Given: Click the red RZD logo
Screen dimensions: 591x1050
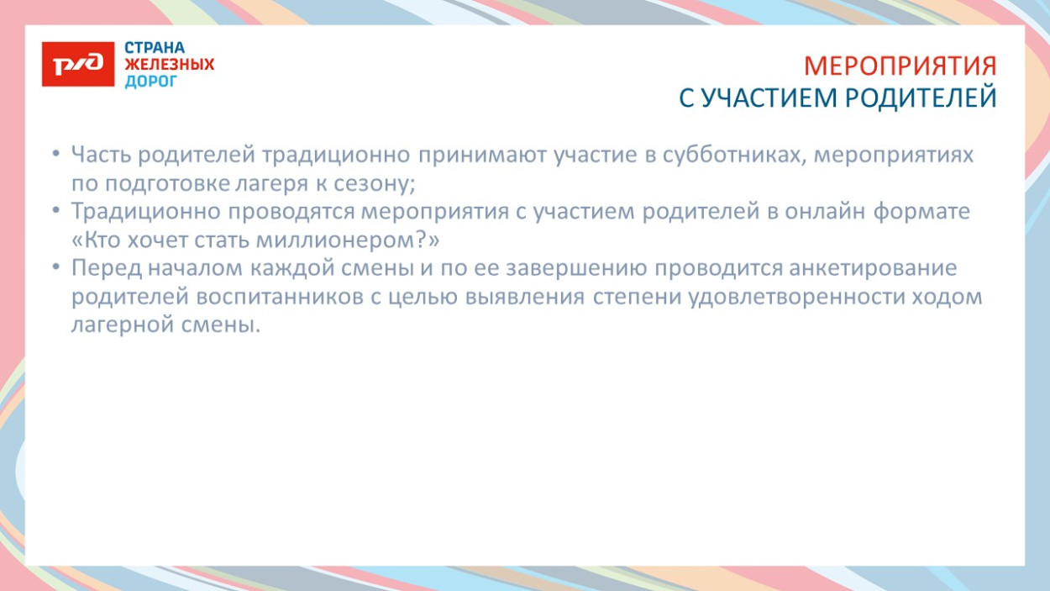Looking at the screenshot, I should click(77, 64).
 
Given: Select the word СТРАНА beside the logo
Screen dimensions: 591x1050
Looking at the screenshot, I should click(155, 48).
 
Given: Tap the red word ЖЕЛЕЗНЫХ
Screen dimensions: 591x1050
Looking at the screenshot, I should click(170, 65).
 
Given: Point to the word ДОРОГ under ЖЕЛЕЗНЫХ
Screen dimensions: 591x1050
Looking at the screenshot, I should click(151, 82).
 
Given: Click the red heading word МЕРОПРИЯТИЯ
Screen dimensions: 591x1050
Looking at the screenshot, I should click(900, 66).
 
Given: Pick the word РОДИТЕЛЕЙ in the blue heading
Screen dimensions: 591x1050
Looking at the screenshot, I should click(921, 98).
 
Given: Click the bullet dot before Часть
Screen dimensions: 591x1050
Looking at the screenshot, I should click(55, 156).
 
